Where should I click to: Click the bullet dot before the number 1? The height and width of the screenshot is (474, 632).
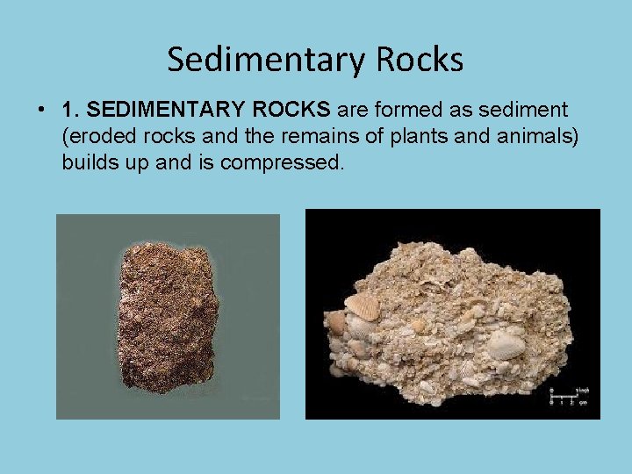[x=42, y=111]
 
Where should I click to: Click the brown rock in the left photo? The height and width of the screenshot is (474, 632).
[x=167, y=318]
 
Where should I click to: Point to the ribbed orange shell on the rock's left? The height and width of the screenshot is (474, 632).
[x=361, y=306]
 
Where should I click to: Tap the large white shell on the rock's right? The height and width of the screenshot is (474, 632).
[x=506, y=343]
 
